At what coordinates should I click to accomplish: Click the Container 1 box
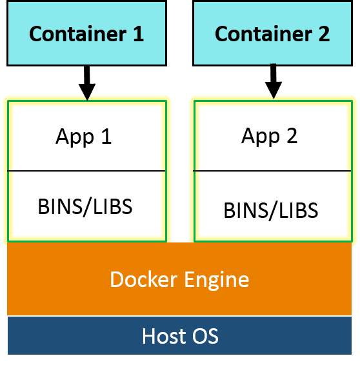[x=86, y=33]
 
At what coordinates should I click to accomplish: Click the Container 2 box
[x=272, y=33]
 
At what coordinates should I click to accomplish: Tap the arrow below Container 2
[x=273, y=82]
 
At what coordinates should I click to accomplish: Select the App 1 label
[x=84, y=137]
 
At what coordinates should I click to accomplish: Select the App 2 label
[x=270, y=137]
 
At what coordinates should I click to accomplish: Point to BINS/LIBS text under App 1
[x=85, y=206]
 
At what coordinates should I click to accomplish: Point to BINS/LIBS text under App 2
[x=271, y=210]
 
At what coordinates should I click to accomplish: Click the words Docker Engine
[x=179, y=279]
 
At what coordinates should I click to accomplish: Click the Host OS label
[x=180, y=336]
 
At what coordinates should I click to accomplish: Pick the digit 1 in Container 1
[x=137, y=34]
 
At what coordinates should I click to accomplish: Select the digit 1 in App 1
[x=106, y=137]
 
